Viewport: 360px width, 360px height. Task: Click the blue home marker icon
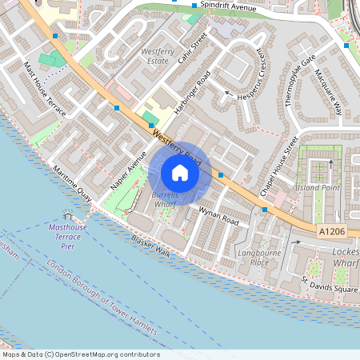180,172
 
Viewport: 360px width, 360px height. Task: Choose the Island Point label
318,187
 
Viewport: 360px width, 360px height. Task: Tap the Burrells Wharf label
165,199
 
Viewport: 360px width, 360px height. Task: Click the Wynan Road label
219,215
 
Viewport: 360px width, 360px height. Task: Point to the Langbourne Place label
254,257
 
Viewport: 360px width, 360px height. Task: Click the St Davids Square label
327,286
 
